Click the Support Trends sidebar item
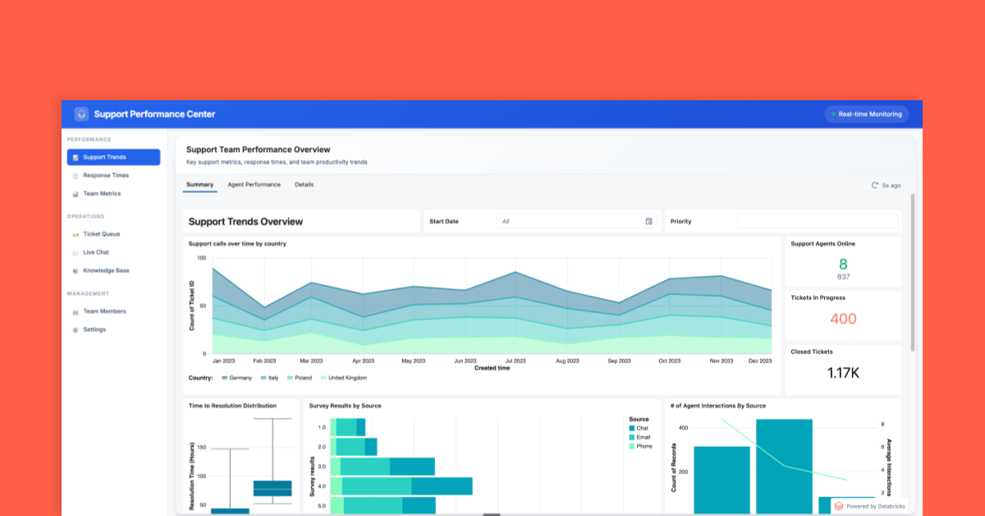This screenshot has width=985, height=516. coord(113,157)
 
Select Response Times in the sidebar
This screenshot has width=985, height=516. coord(105,175)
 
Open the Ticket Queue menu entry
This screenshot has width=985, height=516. coord(101,234)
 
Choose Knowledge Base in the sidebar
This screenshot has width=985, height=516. coord(105,270)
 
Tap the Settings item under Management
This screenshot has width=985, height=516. coord(94,329)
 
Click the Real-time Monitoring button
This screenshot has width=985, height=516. coord(867,114)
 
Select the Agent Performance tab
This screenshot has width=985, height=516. coord(254,185)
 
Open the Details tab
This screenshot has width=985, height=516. coord(304,185)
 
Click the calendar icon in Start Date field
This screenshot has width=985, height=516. coord(648,221)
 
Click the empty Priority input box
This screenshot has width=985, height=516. coord(817,221)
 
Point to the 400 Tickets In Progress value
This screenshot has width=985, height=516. coord(843,319)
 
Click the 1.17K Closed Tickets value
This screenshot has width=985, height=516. coord(843,373)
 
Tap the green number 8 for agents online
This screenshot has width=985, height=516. coord(843,264)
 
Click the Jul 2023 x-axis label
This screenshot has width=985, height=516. coord(515,361)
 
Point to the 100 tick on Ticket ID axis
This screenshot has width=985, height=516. coord(201,258)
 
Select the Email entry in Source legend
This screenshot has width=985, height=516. coord(643,437)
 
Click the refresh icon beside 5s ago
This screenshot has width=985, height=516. coord(875,186)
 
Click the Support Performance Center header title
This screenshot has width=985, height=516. coord(154,114)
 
